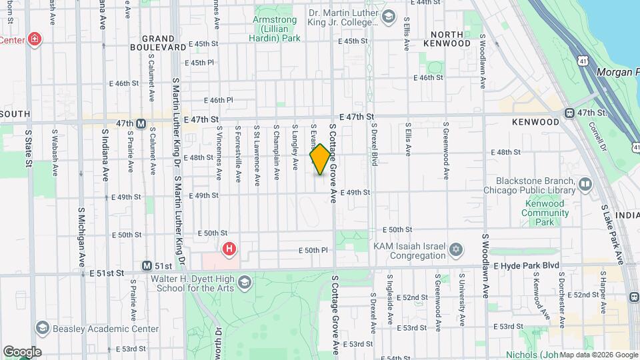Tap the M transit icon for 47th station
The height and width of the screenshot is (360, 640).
(141, 123)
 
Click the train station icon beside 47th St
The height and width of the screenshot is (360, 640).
(569, 113)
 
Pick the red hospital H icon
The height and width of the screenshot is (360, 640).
(229, 249)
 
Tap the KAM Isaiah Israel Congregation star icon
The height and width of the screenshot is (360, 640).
(456, 250)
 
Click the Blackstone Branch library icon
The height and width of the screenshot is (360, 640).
(585, 183)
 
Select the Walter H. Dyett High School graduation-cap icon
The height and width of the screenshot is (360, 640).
(245, 283)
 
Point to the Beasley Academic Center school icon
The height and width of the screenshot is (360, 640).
(43, 328)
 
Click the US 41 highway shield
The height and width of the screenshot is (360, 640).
(583, 61)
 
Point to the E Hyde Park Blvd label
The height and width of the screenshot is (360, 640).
(526, 265)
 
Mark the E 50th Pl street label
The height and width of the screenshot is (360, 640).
(313, 250)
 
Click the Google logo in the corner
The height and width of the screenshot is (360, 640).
(22, 351)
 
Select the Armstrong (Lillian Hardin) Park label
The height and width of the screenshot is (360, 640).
(275, 29)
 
